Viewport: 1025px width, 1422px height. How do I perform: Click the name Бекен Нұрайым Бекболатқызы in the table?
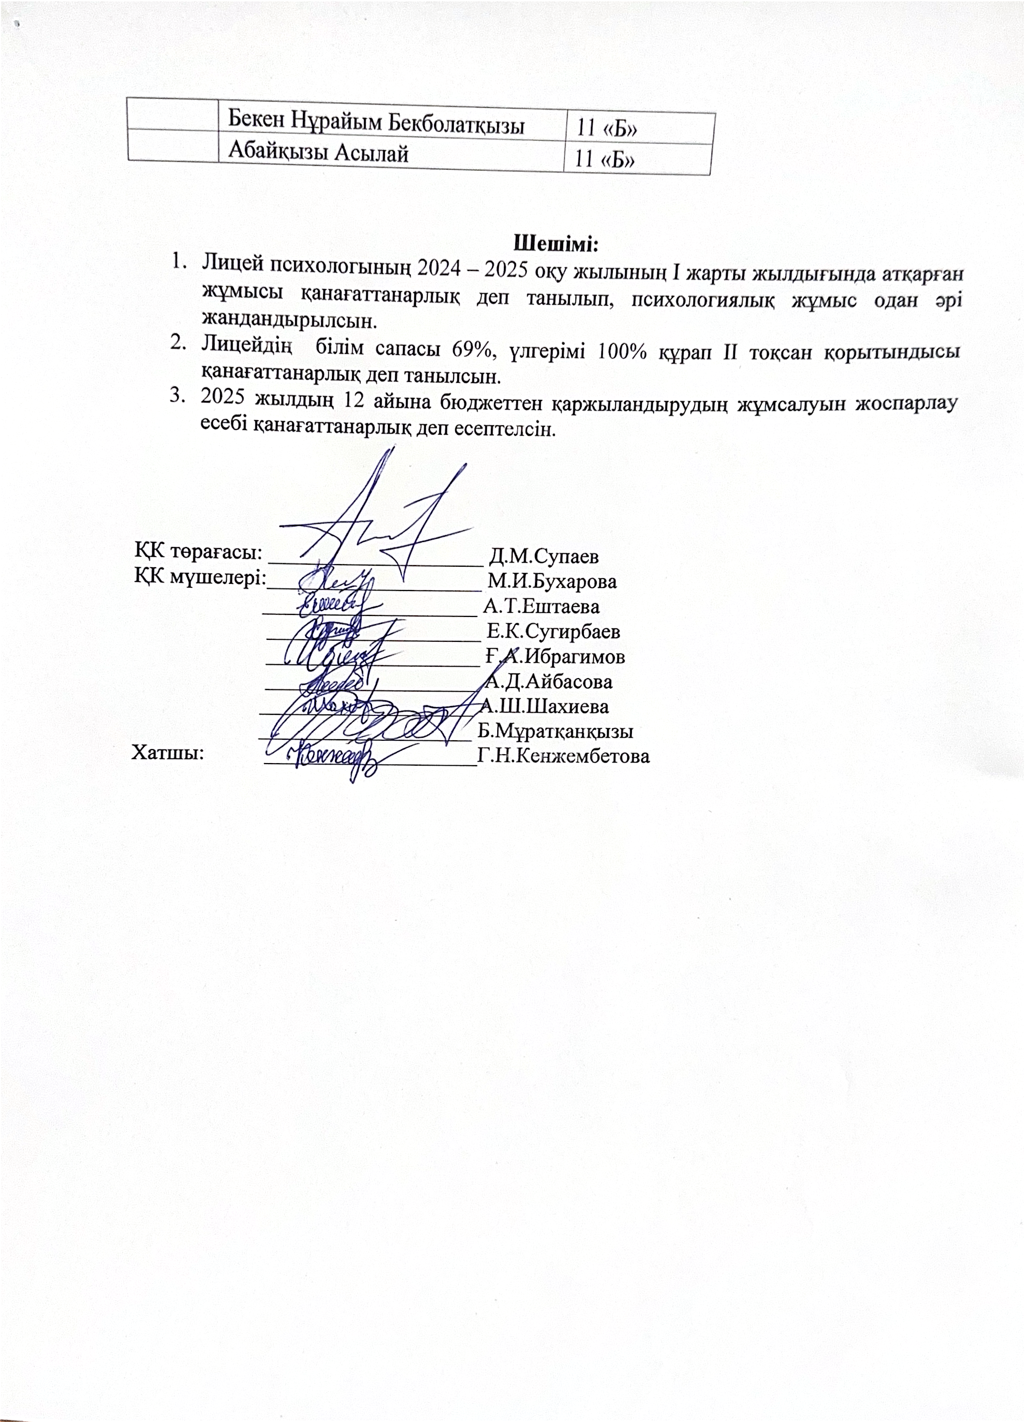pyautogui.click(x=376, y=122)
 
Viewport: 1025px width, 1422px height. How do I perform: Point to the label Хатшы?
pyautogui.click(x=168, y=752)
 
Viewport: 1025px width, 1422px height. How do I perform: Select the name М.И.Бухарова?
pyautogui.click(x=552, y=581)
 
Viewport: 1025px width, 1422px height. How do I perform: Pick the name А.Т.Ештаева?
pyautogui.click(x=541, y=606)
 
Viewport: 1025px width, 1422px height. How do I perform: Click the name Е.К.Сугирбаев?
pyautogui.click(x=554, y=631)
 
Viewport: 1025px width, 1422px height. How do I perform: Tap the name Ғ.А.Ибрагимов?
pyautogui.click(x=555, y=656)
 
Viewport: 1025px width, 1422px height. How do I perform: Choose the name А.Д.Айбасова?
pyautogui.click(x=549, y=682)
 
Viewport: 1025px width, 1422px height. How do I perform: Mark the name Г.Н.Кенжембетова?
pyautogui.click(x=563, y=756)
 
